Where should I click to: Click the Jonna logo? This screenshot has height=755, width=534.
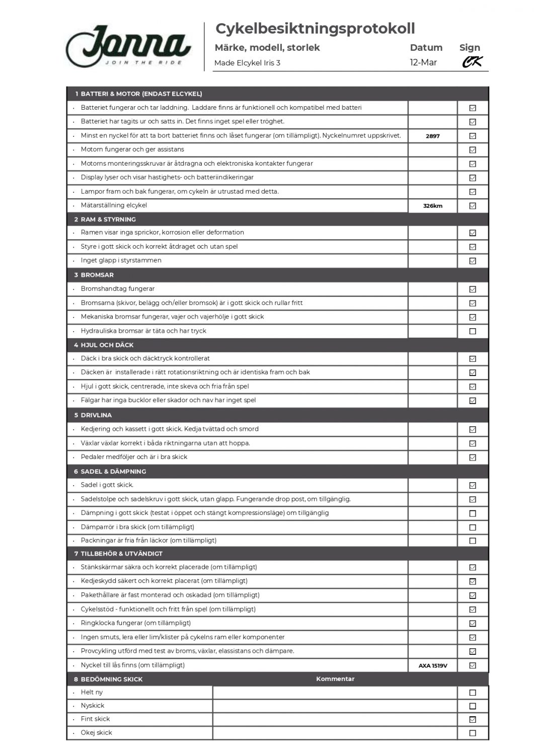[x=129, y=46]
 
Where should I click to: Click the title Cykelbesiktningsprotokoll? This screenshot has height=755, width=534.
[x=315, y=29]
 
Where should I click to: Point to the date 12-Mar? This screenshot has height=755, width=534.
[x=423, y=62]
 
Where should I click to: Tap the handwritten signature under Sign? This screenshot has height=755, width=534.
[x=472, y=62]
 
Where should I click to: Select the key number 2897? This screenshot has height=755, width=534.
[x=432, y=136]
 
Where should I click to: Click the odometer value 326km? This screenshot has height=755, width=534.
[x=432, y=206]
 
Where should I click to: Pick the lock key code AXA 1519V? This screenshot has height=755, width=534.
[x=433, y=665]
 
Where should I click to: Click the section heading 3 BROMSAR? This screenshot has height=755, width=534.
[x=94, y=275]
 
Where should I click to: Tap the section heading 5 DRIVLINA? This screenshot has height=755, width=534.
[x=93, y=415]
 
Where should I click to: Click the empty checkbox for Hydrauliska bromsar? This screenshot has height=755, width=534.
[x=472, y=331]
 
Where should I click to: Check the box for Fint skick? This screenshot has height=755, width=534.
[x=472, y=719]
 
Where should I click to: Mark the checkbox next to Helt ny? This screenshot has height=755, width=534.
[x=472, y=693]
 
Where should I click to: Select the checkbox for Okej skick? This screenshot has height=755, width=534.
[x=472, y=733]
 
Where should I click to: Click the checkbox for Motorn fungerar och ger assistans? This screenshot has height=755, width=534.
[x=472, y=149]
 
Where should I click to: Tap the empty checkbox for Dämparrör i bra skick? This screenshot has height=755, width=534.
[x=472, y=527]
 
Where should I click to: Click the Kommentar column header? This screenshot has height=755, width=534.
[x=335, y=679]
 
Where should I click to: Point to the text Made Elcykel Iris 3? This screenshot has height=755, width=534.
[x=247, y=63]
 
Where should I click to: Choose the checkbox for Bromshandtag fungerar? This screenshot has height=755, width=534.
[x=472, y=289]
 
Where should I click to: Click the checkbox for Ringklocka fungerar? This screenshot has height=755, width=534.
[x=472, y=623]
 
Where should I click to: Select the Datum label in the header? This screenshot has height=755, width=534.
[x=426, y=48]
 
